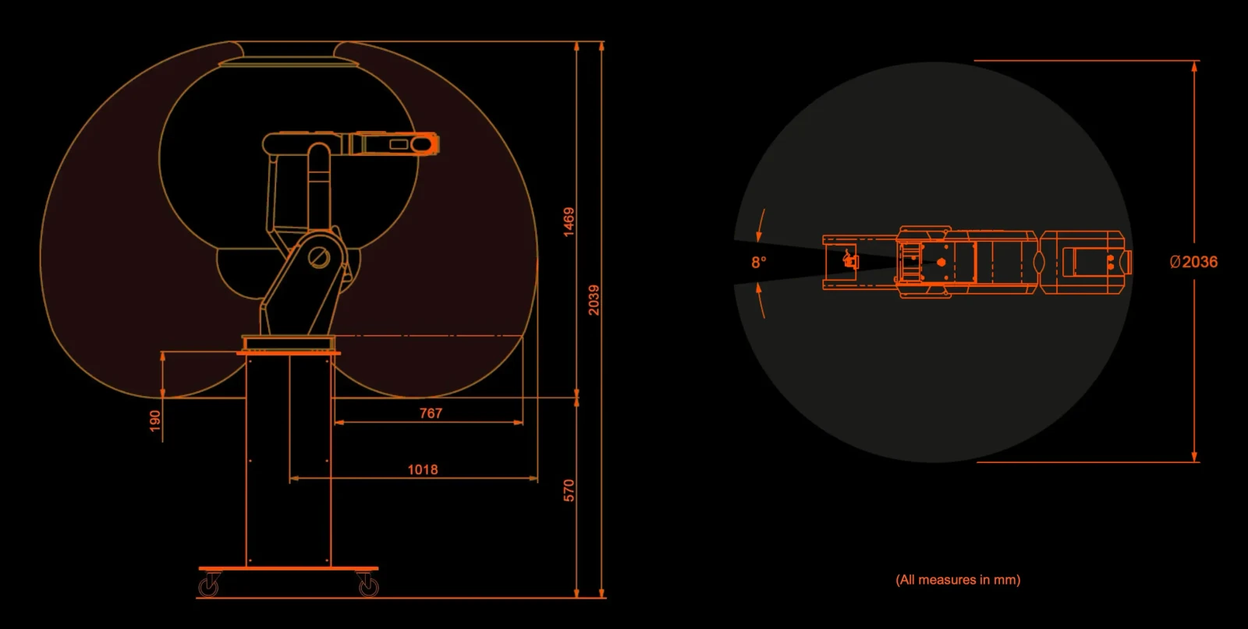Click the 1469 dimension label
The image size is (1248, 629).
coord(569,222)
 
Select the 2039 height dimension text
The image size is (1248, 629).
coord(594,300)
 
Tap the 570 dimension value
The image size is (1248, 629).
coord(569,490)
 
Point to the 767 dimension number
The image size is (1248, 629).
coord(431,413)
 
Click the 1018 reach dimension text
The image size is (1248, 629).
coord(422,470)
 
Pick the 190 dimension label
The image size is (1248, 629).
coord(155,421)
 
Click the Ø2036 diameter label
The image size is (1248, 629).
coord(1193,262)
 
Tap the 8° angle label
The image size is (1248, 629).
coord(759,262)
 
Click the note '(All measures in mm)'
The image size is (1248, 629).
coord(958,579)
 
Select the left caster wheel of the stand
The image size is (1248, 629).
coord(208,586)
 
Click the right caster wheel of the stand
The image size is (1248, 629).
coord(368,586)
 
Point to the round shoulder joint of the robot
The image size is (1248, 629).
coord(319,257)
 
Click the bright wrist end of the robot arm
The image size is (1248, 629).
coord(424,144)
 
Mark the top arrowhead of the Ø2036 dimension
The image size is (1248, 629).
coord(1194,67)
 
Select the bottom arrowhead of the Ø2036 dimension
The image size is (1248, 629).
coord(1194,456)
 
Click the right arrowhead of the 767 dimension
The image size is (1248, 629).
coord(518,422)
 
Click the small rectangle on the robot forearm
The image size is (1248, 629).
coord(399,144)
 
